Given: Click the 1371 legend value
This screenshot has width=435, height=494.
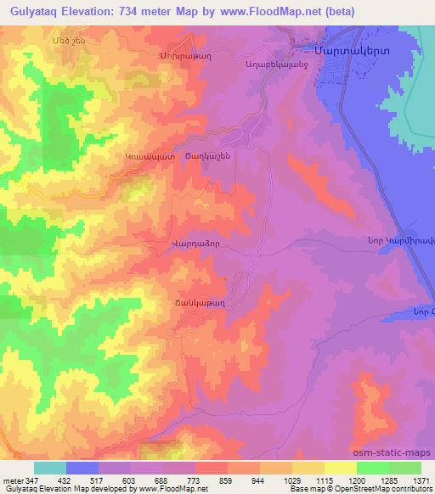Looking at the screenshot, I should (420, 480).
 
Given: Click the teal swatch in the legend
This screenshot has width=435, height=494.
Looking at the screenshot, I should (49, 468).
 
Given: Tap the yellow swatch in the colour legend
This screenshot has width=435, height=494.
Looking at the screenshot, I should (340, 468).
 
